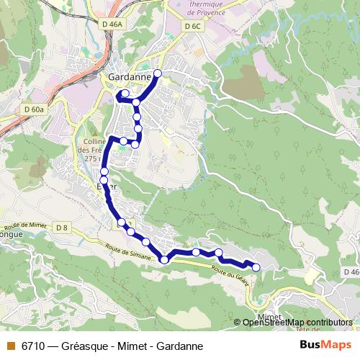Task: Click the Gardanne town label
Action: coord(130,76)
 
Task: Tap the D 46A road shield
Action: coord(113,24)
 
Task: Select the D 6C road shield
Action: coord(192,26)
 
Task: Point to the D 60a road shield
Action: coord(33,109)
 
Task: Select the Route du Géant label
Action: coord(230,274)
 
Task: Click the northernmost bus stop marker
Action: coord(158,73)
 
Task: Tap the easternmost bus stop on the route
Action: coord(256,268)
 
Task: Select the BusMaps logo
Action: coord(325,345)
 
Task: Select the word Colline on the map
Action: coord(94,141)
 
